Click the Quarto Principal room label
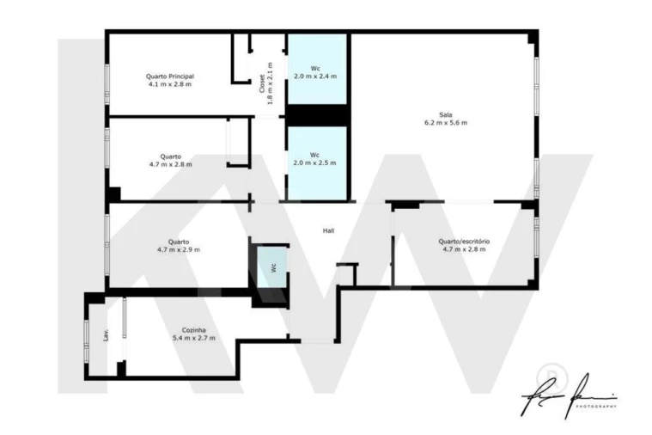point(170,76)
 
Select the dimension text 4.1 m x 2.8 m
point(170,84)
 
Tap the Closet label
point(262,83)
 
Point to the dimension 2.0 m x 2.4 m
point(315,76)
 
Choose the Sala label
point(445,114)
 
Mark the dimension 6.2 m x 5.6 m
point(445,123)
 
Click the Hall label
point(328,231)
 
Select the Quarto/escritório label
point(464,242)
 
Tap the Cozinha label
point(193,329)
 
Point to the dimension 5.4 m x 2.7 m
point(193,338)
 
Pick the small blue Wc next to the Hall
point(273,267)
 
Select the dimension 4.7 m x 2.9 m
point(179,249)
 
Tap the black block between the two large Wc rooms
point(316,115)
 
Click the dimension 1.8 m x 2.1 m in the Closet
point(271,83)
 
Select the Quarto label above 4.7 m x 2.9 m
point(179,242)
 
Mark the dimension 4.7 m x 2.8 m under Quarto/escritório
point(464,249)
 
